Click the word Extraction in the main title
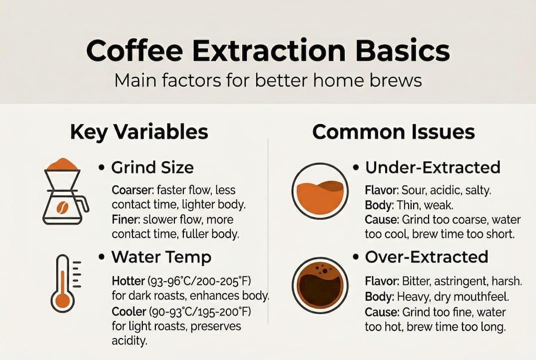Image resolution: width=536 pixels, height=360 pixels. coord(269,50)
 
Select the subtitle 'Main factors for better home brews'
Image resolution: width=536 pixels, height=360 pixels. coord(268,80)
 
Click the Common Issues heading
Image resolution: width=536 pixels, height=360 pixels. coord(394,131)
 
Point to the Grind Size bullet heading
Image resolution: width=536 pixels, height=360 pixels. coord(152,167)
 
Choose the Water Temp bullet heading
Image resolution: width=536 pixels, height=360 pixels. coord(161,257)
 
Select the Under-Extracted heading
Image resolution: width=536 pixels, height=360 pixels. coord(433,167)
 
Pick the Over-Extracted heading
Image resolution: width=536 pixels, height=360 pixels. coord(427,257)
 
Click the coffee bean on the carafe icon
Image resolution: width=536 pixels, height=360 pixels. coord(62,206)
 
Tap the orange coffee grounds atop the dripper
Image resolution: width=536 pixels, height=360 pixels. coord(62,164)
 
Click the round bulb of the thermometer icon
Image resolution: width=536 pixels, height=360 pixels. coord(62,301)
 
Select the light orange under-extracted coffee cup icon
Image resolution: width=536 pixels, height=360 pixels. coord(320,191)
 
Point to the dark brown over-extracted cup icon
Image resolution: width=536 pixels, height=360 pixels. coord(320,286)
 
